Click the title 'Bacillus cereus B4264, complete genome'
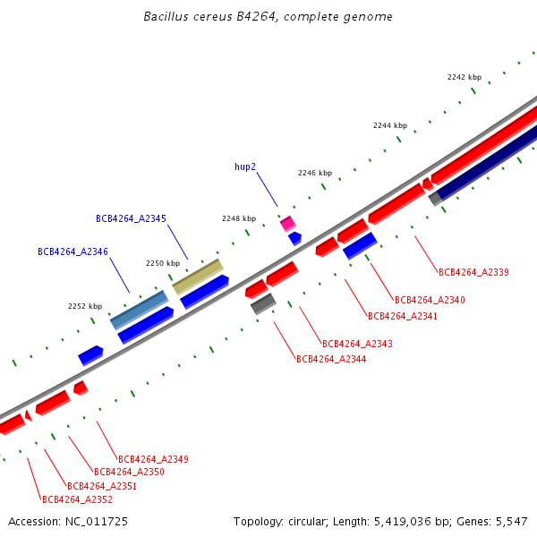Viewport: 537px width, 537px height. tap(268, 17)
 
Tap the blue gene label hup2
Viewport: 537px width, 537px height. tap(245, 166)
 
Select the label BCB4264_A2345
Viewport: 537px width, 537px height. tap(131, 218)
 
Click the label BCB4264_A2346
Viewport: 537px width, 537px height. tap(72, 252)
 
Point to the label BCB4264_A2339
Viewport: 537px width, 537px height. tap(473, 272)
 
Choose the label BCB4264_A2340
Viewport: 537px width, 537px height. tap(430, 300)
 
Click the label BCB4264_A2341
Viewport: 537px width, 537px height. tap(403, 316)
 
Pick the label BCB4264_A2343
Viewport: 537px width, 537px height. tap(357, 344)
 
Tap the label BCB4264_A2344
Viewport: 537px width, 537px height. tap(331, 359)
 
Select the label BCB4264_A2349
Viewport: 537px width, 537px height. tap(153, 459)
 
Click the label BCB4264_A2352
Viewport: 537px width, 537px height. tap(77, 499)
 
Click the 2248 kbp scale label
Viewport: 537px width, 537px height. tap(239, 218)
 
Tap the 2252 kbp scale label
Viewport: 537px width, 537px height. tap(85, 306)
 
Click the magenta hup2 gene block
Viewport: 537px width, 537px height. tap(288, 223)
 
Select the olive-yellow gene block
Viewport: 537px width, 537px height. tap(198, 277)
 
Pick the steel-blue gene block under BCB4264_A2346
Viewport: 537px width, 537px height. tap(139, 309)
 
